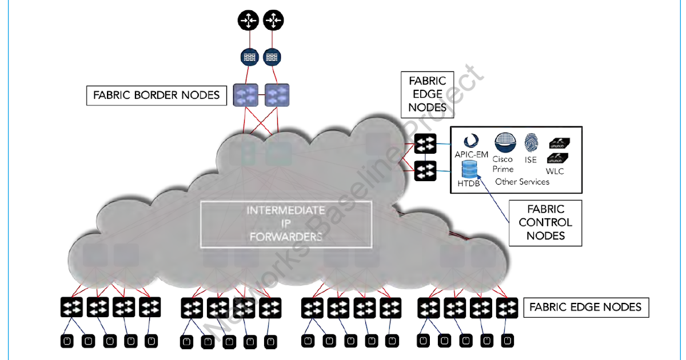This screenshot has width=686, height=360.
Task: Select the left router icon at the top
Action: coord(248,22)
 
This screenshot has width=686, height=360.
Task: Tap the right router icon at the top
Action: coord(273,22)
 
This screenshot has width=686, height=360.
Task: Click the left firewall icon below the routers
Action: coord(248,57)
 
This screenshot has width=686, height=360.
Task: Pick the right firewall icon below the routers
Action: coord(273,57)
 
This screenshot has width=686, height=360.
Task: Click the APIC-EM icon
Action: coord(470,141)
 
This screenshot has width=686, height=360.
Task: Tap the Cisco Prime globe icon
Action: coord(504,141)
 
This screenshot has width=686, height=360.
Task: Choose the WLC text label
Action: coord(555,171)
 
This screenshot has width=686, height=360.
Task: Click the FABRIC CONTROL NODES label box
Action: coord(545,222)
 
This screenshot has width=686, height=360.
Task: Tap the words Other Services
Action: coord(522,182)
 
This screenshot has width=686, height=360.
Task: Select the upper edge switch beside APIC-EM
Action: coord(425,143)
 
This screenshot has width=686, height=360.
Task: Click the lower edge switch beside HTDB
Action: coord(425,170)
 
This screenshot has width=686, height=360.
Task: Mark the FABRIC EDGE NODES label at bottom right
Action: coord(586,307)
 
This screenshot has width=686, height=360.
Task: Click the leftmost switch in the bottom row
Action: coord(71,307)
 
